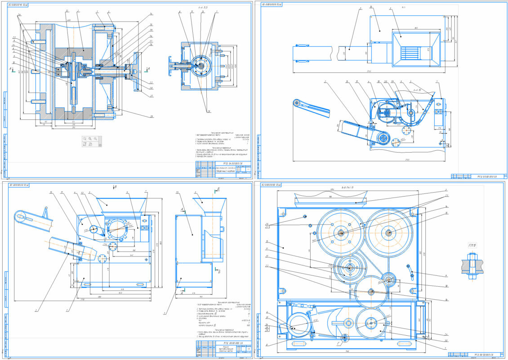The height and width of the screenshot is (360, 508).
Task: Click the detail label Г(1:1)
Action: [x=470, y=245]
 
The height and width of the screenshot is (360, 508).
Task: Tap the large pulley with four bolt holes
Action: [x=341, y=232]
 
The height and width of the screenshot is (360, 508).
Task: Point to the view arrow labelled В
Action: [x=116, y=185]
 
